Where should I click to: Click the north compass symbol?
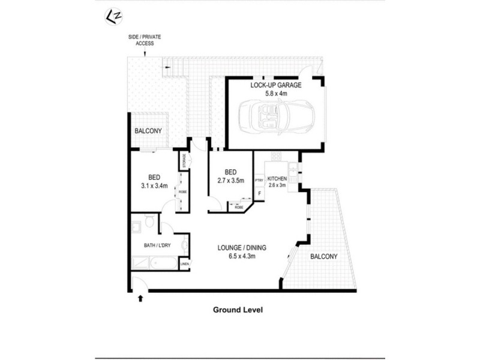(x=110, y=16)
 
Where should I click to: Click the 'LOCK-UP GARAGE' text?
(x=276, y=85)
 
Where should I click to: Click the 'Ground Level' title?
(x=239, y=310)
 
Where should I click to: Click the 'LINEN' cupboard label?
(x=185, y=264)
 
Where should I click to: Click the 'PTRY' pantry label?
(x=259, y=179)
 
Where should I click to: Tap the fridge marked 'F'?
(x=259, y=194)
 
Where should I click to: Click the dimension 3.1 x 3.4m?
(x=154, y=185)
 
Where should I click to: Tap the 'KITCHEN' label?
(x=277, y=179)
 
